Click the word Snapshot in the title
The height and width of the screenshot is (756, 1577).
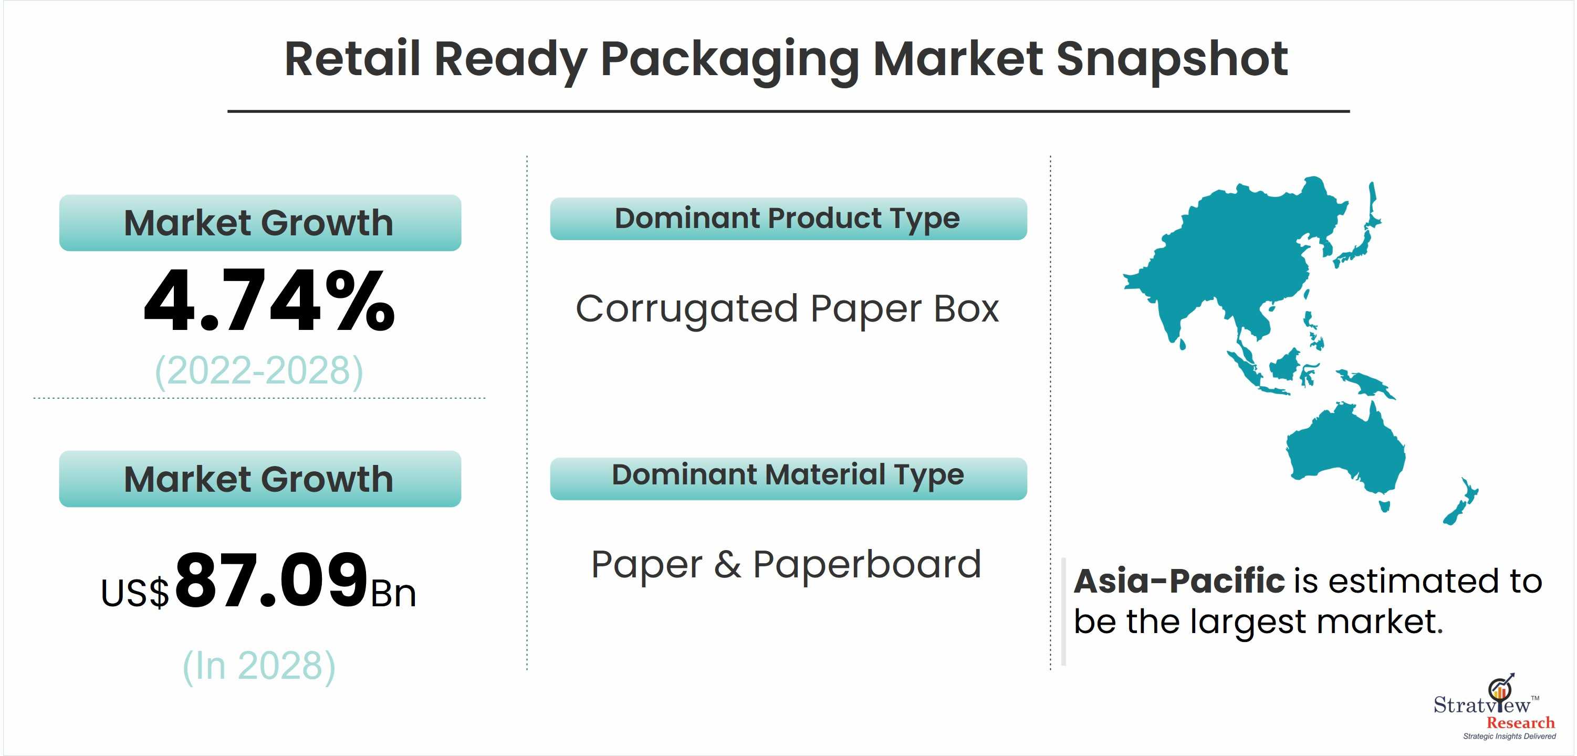(1172, 59)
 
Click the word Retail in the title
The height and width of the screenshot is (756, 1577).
(352, 59)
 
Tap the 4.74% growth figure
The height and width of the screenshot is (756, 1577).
(269, 302)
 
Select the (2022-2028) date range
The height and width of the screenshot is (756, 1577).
(259, 371)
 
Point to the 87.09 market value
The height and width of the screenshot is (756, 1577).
(271, 579)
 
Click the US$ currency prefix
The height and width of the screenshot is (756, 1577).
(134, 593)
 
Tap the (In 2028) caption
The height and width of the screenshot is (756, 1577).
(259, 666)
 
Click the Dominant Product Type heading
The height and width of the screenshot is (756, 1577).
(787, 219)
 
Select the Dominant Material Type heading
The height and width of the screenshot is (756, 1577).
(788, 475)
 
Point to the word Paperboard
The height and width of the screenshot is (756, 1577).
(867, 564)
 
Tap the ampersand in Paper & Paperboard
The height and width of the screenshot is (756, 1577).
(727, 564)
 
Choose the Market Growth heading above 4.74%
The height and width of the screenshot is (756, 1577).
(259, 222)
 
